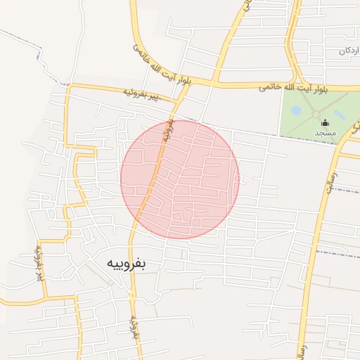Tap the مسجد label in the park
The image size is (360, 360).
325,134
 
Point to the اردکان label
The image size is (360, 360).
350,51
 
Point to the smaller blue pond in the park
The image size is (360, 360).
296,110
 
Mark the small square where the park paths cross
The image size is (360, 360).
317,113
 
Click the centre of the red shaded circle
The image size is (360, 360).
180,179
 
